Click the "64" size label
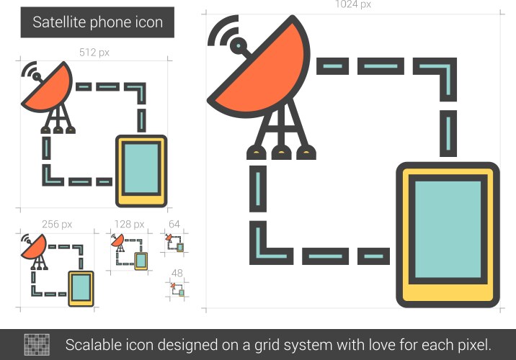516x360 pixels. click(174, 225)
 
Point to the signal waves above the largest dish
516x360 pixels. click(226, 35)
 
